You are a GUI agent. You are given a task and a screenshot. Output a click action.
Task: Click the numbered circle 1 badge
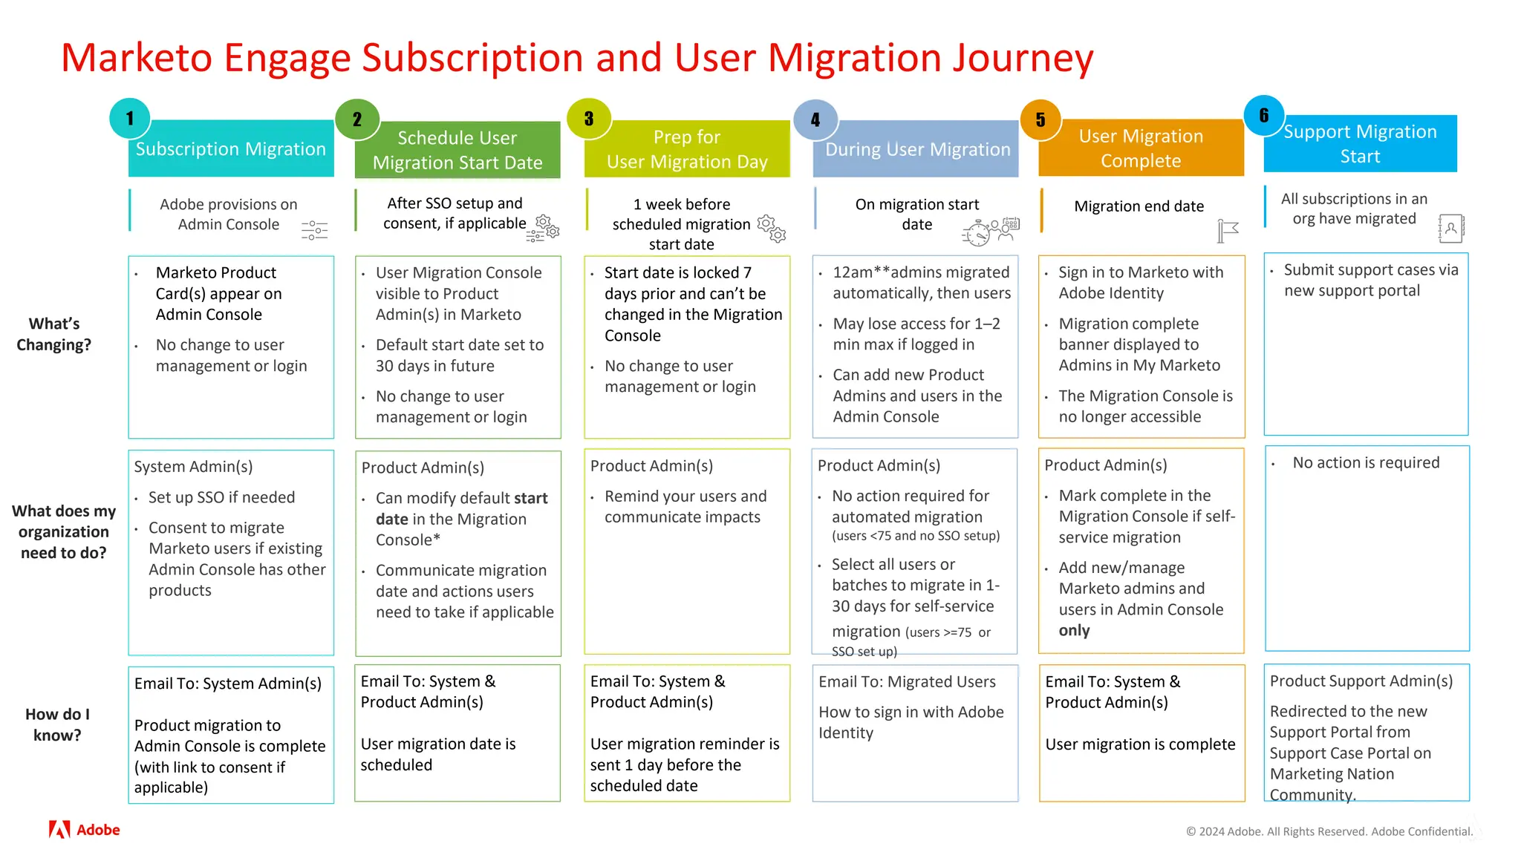coord(130,119)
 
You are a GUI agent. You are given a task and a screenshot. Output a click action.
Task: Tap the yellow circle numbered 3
coord(589,119)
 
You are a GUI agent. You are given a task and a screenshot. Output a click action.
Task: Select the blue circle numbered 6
coord(1264,116)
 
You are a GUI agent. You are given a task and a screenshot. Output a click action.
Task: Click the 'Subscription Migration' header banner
coord(231,149)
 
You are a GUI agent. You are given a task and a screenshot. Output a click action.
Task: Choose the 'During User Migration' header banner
coord(917,149)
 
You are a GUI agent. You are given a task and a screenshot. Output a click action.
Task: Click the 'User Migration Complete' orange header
coord(1141,148)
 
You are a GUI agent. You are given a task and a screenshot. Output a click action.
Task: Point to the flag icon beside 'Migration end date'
coord(1228,231)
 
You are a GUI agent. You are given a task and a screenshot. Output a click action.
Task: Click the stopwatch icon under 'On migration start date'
coord(977,234)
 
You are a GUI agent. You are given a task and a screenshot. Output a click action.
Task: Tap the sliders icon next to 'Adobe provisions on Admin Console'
coord(314,230)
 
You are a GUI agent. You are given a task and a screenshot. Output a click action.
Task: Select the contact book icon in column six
coord(1450,229)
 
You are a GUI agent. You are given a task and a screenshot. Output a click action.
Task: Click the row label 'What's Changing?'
coord(53,334)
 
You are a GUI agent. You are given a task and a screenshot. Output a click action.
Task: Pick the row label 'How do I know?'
coord(57,724)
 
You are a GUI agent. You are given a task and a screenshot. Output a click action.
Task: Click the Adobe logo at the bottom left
coord(84,830)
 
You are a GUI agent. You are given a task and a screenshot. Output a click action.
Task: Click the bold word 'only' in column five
coord(1074,630)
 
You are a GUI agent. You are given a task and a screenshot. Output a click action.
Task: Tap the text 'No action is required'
coord(1365,462)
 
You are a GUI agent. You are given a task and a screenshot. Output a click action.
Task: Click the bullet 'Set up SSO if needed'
coord(221,497)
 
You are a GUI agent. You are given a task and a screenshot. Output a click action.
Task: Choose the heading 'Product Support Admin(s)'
coord(1361,681)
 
